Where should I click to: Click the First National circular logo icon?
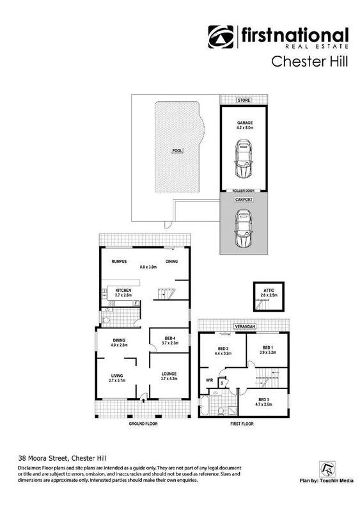click(221, 37)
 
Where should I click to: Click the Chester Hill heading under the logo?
click(310, 61)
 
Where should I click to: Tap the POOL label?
click(177, 150)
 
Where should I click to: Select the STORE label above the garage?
click(243, 100)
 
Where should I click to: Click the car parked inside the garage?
click(243, 161)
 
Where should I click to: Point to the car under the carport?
click(243, 230)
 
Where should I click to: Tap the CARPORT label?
click(243, 200)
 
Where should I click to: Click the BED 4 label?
click(169, 339)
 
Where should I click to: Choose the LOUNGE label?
click(169, 374)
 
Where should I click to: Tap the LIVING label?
click(116, 375)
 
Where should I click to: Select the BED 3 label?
click(263, 399)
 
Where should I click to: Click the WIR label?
click(208, 380)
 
